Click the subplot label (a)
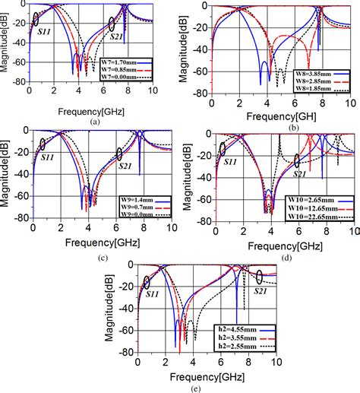click(x=94, y=121)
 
